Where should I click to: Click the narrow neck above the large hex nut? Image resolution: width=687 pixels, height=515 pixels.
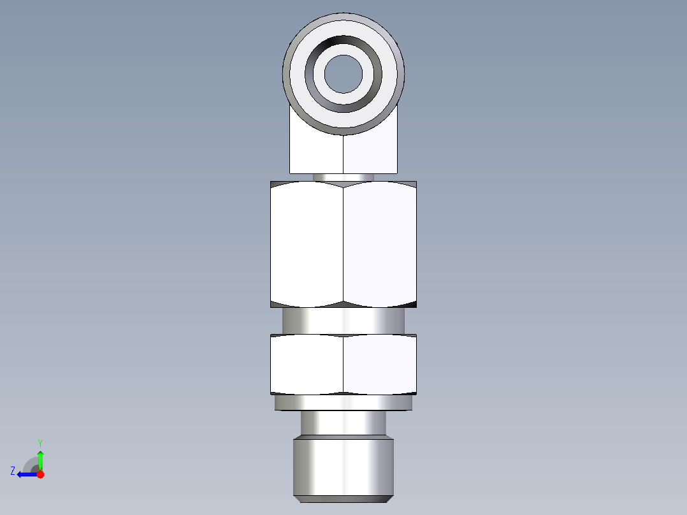(343, 177)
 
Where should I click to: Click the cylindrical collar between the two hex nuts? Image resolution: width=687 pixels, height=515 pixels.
(343, 321)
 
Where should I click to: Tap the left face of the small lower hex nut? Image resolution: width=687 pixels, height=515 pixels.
(307, 363)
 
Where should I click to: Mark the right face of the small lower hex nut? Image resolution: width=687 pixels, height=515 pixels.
(380, 363)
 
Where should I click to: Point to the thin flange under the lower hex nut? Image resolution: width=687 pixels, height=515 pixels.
(343, 403)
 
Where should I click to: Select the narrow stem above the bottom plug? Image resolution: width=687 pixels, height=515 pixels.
(343, 423)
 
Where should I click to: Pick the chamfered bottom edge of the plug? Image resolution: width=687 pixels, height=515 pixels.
(343, 498)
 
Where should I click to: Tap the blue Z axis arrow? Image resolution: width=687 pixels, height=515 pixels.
(25, 474)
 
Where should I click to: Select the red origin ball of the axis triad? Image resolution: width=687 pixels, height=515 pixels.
(40, 474)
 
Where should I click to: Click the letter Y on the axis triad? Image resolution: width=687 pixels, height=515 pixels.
(40, 442)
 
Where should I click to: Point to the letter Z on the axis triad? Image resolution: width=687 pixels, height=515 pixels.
(13, 471)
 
